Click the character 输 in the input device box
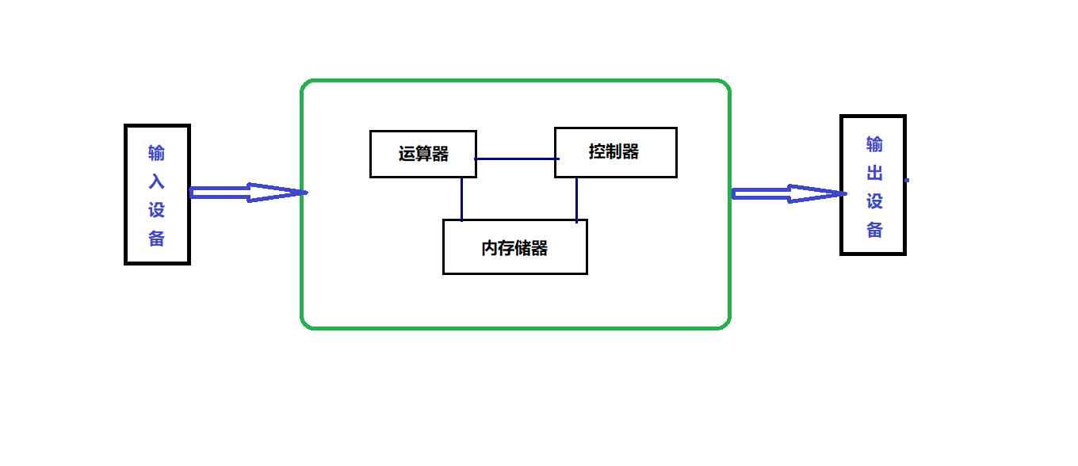point(157,153)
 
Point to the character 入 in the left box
point(157,181)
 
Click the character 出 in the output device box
point(874,173)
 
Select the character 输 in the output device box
point(874,144)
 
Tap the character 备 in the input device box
point(157,239)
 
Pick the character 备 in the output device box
point(874,230)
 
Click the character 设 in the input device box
point(157,210)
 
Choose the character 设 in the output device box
point(874,201)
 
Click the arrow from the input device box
point(247,193)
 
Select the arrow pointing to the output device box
point(788,193)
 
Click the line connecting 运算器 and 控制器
point(515,159)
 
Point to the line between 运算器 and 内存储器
point(461,198)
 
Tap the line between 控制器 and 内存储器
point(576,199)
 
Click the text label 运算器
point(423,155)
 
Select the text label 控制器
point(614,151)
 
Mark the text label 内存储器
point(514,248)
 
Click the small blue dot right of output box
point(907,181)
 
